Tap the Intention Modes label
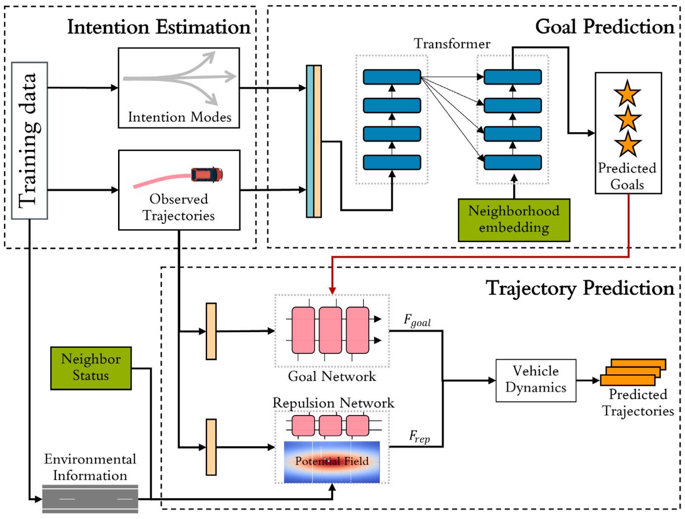pyautogui.click(x=179, y=117)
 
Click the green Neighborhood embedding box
pyautogui.click(x=513, y=220)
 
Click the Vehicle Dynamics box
pyautogui.click(x=536, y=380)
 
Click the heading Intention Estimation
pyautogui.click(x=158, y=27)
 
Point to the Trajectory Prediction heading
pyautogui.click(x=580, y=289)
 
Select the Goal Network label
pyautogui.click(x=332, y=376)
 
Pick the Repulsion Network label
pyautogui.click(x=333, y=403)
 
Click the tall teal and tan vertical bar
pyautogui.click(x=313, y=141)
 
